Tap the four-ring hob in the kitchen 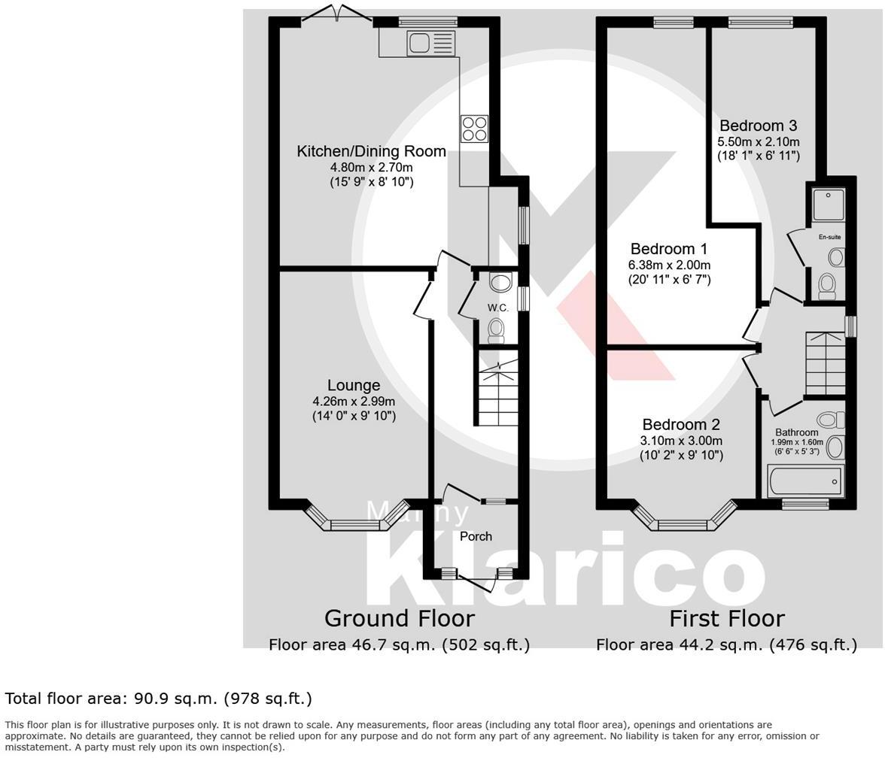pos(475,129)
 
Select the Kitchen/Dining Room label pos(371,151)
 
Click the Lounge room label pos(354,386)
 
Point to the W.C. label pos(497,308)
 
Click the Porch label pos(476,536)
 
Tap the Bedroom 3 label pos(758,126)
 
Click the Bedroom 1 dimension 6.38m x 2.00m pos(669,265)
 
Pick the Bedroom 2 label pos(681,424)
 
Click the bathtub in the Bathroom pos(805,481)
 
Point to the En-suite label pos(829,238)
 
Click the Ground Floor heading pos(399,618)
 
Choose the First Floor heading pos(727,618)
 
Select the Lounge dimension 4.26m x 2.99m pos(354,402)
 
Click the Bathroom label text pos(796,432)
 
